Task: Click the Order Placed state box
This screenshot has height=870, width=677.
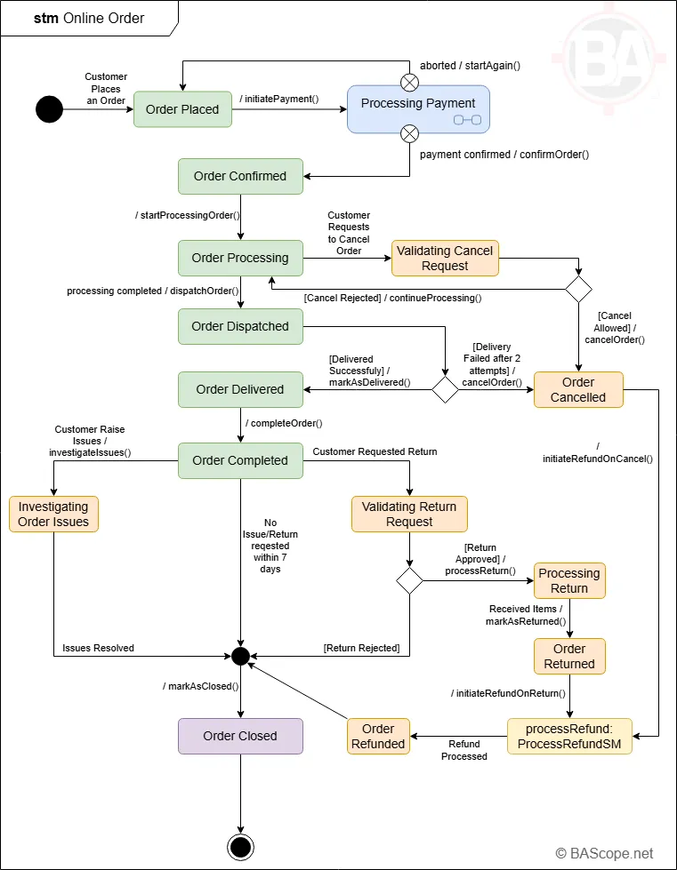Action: (182, 109)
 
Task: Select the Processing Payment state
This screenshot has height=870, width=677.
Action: (417, 109)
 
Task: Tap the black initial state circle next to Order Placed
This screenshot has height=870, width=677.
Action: (49, 109)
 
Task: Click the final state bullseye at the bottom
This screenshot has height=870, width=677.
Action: (240, 847)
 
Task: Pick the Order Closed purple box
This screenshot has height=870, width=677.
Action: (240, 736)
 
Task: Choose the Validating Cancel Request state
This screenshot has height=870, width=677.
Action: (445, 258)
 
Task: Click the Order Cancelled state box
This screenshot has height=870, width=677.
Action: (578, 389)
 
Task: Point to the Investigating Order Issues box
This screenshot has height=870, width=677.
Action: (53, 514)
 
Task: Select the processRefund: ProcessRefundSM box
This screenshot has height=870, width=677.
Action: (569, 736)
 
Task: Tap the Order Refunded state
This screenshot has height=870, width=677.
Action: (378, 736)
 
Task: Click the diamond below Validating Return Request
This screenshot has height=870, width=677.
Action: (409, 580)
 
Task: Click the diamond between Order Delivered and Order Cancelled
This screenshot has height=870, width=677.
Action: (445, 389)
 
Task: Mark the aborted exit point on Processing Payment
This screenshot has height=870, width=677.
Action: (409, 83)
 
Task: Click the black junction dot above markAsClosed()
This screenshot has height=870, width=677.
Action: (239, 656)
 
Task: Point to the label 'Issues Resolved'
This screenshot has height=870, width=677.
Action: (98, 648)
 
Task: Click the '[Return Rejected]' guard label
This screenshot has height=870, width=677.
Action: (361, 648)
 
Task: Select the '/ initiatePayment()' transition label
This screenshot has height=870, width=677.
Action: (279, 99)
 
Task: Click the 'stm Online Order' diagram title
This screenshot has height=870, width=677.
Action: (89, 18)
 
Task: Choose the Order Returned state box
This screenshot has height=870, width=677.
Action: (569, 656)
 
